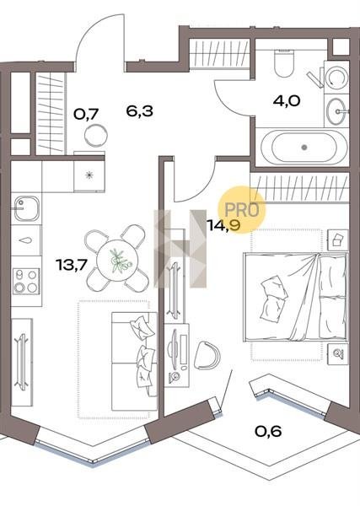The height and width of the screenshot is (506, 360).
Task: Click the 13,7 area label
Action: click(72, 266)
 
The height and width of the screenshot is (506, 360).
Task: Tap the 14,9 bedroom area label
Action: click(224, 225)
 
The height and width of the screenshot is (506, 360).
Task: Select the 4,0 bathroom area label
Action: click(287, 101)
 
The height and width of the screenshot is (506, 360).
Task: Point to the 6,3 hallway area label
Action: click(139, 111)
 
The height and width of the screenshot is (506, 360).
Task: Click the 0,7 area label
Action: click(86, 114)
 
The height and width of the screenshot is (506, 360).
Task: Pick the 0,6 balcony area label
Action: click(268, 431)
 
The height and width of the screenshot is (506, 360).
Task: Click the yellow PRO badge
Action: click(242, 209)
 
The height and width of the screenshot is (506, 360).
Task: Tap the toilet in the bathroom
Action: click(284, 63)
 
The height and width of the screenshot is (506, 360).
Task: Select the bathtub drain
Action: click(304, 147)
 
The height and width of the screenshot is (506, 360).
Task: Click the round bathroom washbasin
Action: click(336, 111)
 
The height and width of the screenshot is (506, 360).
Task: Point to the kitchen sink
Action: click(26, 208)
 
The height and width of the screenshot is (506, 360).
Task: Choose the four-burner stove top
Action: click(26, 281)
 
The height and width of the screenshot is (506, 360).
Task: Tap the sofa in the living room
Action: click(135, 361)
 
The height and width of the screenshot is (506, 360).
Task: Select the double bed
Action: click(295, 296)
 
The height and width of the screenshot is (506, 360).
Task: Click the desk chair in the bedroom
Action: click(207, 356)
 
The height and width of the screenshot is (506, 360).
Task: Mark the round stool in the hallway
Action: click(96, 136)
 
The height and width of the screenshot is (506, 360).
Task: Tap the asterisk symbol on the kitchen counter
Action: click(89, 175)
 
